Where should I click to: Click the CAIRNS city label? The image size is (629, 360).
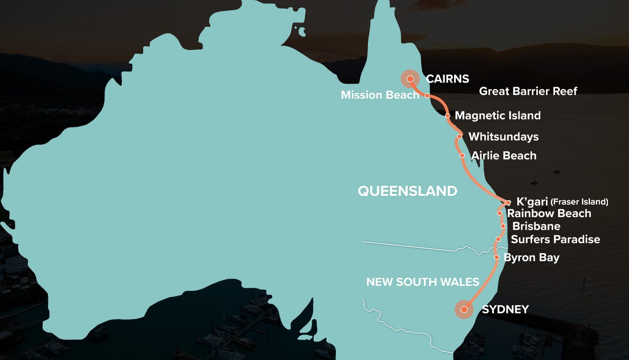(x=447, y=79)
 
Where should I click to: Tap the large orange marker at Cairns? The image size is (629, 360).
(x=410, y=79)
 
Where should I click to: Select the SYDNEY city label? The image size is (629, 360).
(x=505, y=309)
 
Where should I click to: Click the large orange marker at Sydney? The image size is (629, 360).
(x=464, y=309)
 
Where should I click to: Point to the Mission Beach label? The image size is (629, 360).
(x=380, y=95)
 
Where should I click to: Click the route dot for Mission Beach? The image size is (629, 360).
(x=427, y=96)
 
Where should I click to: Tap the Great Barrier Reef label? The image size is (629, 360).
(x=528, y=91)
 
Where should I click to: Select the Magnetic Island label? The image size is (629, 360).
(x=498, y=115)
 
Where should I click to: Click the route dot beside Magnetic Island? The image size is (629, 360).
(x=448, y=115)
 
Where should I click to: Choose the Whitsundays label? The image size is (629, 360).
(x=503, y=136)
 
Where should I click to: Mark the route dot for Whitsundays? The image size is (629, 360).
(x=459, y=136)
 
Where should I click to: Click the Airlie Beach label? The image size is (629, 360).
(x=503, y=156)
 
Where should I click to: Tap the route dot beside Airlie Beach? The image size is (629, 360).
(x=462, y=155)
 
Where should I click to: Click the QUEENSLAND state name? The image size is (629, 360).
(x=407, y=191)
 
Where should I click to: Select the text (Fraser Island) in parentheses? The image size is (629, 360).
(x=579, y=202)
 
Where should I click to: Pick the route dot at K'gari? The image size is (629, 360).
(x=508, y=202)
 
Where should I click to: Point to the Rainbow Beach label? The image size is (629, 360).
(x=549, y=214)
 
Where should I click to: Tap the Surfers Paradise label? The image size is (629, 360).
(x=555, y=239)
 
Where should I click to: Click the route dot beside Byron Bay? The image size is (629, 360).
(x=497, y=257)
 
